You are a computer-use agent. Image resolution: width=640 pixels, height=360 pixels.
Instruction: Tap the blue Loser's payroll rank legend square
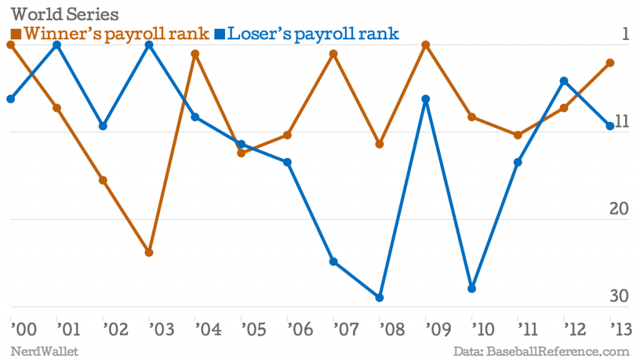(219, 33)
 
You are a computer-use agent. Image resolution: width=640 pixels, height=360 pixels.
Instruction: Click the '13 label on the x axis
(620, 327)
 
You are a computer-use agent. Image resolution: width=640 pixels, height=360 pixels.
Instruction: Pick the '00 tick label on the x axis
(21, 327)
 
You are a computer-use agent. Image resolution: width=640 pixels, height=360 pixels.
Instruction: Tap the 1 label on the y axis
(625, 34)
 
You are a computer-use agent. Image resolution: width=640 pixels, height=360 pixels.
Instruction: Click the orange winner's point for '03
(149, 252)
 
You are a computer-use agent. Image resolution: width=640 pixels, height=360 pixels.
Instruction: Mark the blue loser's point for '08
(380, 297)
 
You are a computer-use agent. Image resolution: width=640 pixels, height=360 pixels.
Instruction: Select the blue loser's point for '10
(472, 289)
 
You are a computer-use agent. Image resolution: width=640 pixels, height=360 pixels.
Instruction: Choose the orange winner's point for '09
(426, 44)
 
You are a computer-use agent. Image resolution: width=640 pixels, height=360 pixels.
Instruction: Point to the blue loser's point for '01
(57, 44)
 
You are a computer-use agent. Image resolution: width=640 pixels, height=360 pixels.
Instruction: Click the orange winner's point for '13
(611, 62)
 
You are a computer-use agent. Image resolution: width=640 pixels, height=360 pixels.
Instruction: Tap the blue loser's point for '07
(334, 261)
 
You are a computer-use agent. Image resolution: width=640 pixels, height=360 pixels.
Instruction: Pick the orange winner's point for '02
(103, 181)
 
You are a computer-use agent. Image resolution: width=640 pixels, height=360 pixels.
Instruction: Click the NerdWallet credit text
(44, 351)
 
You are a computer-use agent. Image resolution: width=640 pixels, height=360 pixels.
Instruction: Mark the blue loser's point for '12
(564, 81)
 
